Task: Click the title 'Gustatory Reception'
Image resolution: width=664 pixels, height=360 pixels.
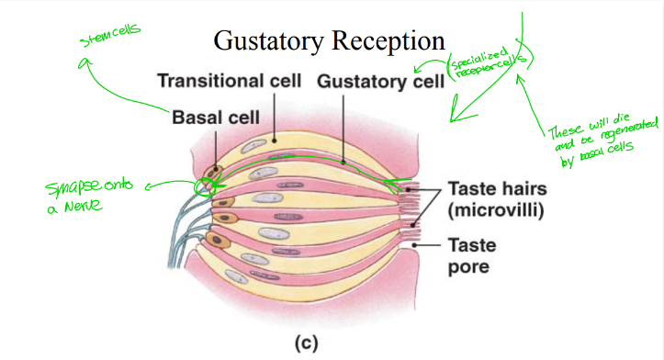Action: pyautogui.click(x=330, y=40)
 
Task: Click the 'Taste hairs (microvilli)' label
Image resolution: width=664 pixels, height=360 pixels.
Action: pyautogui.click(x=497, y=201)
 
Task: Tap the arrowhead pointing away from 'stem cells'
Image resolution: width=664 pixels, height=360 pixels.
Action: pyautogui.click(x=83, y=62)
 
